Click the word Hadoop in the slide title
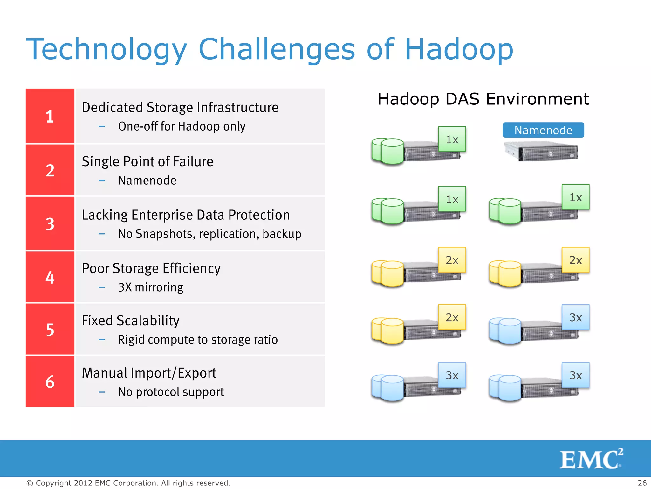(459, 49)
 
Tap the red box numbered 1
(50, 116)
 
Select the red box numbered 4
(50, 277)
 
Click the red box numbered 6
(50, 381)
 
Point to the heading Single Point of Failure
(147, 161)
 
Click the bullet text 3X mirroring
(151, 287)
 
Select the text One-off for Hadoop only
(182, 126)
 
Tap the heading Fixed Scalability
(131, 321)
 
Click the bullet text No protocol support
(171, 392)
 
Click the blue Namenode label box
(543, 130)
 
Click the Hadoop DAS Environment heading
(483, 99)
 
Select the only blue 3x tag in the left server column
(452, 375)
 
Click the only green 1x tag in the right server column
(575, 197)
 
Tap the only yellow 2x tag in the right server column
(575, 260)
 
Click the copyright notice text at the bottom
(128, 483)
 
